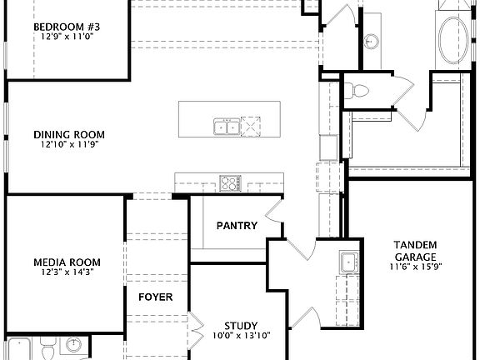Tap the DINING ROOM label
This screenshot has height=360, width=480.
69,134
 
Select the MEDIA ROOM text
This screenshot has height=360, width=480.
68,261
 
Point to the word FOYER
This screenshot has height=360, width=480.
155,297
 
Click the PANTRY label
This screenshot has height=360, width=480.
237,225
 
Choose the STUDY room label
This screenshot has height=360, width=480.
240,325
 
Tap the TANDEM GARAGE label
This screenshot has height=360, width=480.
414,250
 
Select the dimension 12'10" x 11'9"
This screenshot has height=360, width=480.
69,145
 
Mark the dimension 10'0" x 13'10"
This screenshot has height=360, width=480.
240,336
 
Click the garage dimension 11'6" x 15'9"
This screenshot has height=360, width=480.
414,267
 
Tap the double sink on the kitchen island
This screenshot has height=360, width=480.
225,127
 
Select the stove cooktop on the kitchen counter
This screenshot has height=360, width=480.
230,182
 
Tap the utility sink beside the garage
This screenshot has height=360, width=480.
348,263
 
